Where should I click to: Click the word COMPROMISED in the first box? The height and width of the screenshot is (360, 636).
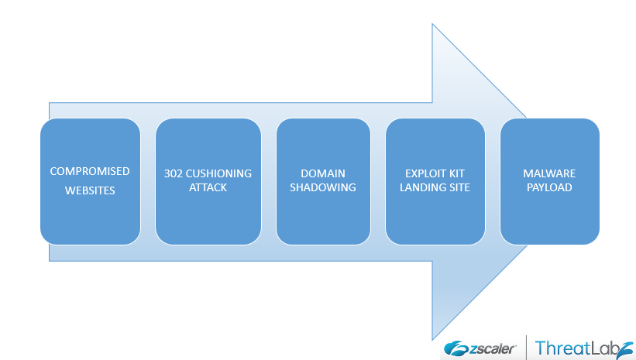click(90, 171)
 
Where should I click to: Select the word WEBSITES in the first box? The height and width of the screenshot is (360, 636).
click(90, 190)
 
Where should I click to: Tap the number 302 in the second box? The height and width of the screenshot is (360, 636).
click(173, 173)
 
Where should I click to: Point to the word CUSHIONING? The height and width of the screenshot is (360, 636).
click(218, 173)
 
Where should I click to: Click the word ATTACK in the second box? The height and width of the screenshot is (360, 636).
click(208, 187)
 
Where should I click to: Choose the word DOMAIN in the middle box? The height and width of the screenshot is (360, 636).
click(322, 173)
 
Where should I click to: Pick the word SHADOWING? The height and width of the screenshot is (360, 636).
click(322, 187)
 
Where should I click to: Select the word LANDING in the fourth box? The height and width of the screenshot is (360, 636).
click(421, 187)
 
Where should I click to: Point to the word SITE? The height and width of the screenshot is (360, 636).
click(458, 187)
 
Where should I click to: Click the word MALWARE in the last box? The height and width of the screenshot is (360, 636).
click(549, 173)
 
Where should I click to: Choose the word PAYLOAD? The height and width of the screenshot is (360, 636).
click(549, 187)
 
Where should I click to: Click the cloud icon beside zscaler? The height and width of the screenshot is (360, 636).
click(454, 348)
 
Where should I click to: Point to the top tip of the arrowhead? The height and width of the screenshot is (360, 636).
click(432, 24)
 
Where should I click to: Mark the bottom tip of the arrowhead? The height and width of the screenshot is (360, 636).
click(432, 339)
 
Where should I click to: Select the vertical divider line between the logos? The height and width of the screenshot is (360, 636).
click(527, 348)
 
